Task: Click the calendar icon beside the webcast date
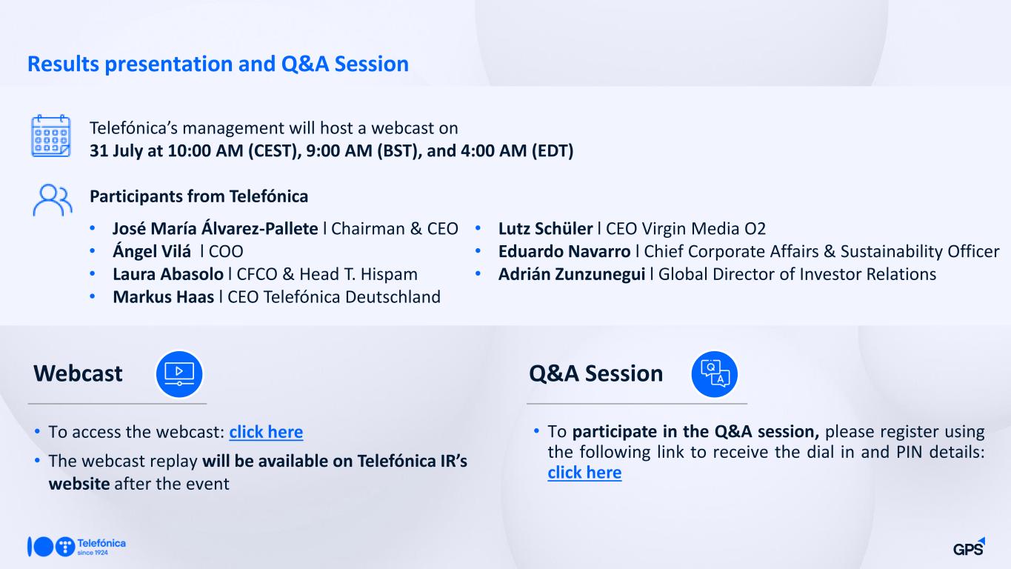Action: [x=51, y=136]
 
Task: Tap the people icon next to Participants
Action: [x=53, y=199]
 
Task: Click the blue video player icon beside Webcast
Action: [x=179, y=374]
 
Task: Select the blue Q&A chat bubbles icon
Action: [x=714, y=374]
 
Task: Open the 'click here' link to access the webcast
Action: [x=266, y=432]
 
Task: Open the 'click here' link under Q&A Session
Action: [x=584, y=473]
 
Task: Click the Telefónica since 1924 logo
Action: [x=76, y=547]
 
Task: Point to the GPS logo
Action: [x=969, y=547]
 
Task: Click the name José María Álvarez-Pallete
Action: [x=216, y=228]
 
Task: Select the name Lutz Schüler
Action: [x=545, y=228]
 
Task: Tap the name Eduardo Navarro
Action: [x=564, y=252]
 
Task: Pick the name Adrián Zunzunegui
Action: [x=571, y=275]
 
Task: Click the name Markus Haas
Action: [x=164, y=297]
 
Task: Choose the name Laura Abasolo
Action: [x=168, y=274]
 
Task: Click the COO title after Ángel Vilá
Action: [x=226, y=252]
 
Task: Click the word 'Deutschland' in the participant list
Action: [x=393, y=297]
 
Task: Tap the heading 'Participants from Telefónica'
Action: [x=198, y=196]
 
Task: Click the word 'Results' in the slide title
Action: [x=63, y=64]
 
